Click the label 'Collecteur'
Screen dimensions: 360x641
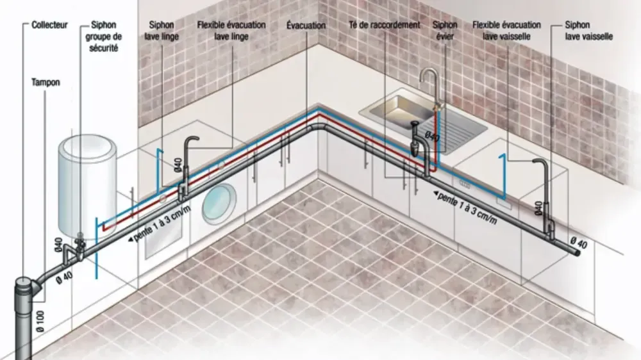[51, 26]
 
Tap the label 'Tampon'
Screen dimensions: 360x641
[45, 83]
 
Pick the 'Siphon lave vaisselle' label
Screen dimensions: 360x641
[588, 31]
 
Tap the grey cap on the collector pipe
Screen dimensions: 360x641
[29, 282]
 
